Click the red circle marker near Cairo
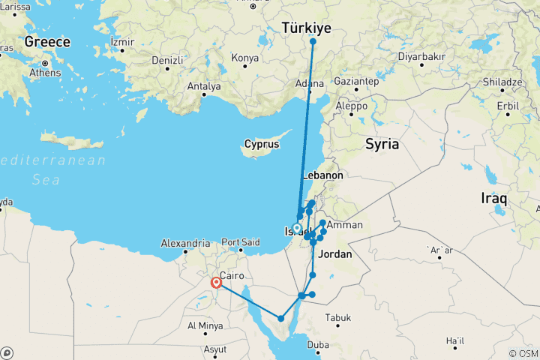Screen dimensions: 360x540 click(216, 283)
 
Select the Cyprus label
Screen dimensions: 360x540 click(262, 144)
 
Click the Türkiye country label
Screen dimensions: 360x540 click(306, 28)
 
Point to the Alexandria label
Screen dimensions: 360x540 click(185, 243)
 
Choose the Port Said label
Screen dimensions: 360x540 click(241, 243)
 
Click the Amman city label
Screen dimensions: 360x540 click(344, 225)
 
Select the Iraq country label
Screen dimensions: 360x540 click(495, 199)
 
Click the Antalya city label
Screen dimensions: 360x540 click(203, 86)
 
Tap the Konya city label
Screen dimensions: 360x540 click(244, 58)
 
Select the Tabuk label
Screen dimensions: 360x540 click(338, 318)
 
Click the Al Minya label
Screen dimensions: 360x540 click(202, 325)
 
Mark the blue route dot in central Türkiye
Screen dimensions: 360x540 click(312, 41)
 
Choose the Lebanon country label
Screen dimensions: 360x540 click(323, 175)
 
